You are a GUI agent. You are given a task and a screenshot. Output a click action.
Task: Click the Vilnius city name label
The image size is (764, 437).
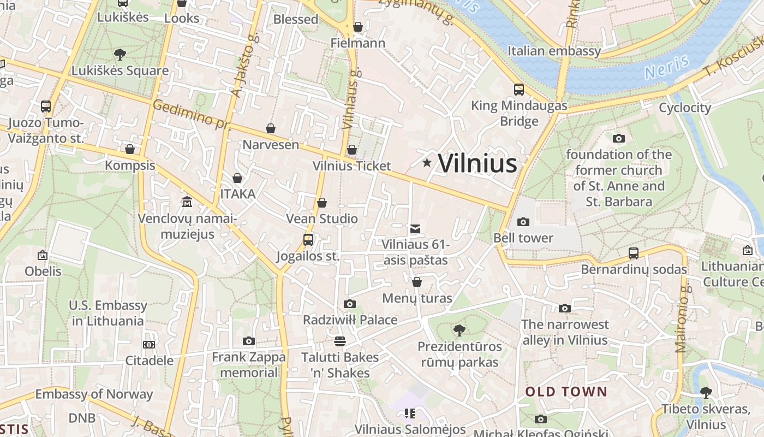point(477,163)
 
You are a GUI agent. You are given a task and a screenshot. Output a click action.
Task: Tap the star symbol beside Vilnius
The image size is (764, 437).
point(427,163)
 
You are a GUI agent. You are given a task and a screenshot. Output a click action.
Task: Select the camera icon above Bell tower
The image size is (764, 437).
point(523,222)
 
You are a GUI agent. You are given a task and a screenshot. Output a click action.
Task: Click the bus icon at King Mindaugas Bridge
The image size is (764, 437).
point(518,89)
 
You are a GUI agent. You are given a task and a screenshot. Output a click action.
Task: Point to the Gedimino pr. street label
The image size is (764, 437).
point(191,115)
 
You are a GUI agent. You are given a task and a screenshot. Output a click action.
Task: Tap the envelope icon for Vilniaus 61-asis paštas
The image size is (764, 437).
point(415,228)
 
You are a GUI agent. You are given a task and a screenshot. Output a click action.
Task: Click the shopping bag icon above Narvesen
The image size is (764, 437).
point(270,128)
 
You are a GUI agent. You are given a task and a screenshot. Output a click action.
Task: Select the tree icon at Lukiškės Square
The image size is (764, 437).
point(120,54)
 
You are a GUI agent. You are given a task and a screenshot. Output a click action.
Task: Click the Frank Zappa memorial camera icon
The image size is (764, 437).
point(249,341)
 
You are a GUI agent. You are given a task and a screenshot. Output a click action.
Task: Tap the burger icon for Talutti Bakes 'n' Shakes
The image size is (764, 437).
point(339,341)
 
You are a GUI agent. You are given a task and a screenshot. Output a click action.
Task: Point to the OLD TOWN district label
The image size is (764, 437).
point(566,392)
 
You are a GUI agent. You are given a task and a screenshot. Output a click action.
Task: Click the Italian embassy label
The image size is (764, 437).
point(554,51)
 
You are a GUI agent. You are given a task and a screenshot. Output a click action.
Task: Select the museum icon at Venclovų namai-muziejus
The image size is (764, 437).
point(187,202)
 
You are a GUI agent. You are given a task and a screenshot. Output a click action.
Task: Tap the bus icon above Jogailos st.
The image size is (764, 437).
point(308,239)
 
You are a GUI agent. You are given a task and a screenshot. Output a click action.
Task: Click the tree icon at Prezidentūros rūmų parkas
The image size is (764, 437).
point(459,330)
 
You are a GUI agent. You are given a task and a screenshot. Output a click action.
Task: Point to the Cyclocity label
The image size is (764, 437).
point(685,108)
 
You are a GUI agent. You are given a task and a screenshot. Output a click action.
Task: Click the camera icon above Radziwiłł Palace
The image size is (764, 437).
point(350,304)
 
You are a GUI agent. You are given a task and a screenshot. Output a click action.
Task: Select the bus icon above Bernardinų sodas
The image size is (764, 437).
point(633,253)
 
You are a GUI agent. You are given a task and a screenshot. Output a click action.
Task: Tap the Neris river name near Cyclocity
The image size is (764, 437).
point(667,68)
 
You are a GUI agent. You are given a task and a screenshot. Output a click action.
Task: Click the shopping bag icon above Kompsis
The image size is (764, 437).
point(130,149)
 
